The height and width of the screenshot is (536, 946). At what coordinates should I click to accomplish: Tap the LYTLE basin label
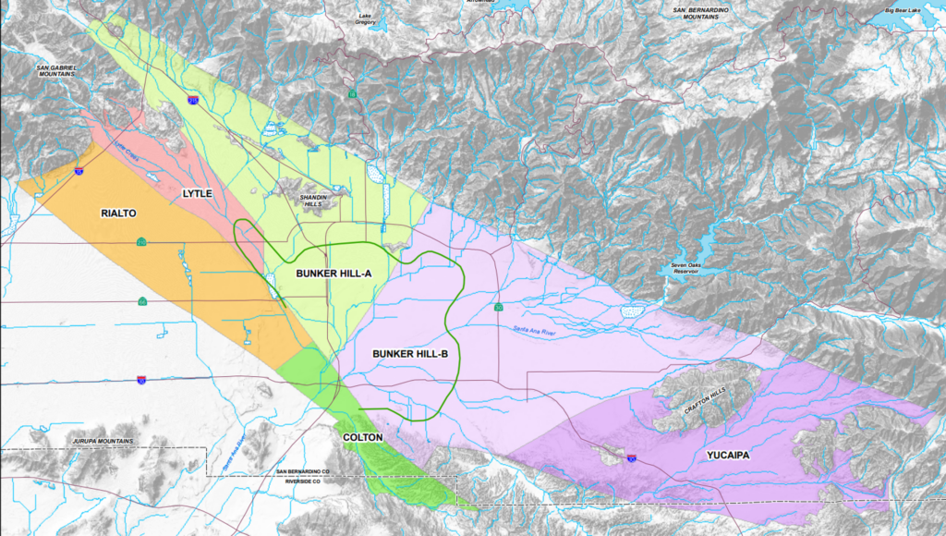tap(197, 193)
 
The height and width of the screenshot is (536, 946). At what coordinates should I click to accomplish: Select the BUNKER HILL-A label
tap(334, 274)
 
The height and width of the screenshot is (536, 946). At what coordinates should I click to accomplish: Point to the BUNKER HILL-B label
tap(410, 354)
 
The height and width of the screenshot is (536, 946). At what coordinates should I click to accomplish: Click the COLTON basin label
tap(363, 437)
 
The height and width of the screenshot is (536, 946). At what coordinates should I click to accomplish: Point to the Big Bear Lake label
tap(903, 10)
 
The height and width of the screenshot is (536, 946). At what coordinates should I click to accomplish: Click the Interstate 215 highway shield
tap(193, 97)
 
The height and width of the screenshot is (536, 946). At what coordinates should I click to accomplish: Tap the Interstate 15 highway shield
tap(79, 171)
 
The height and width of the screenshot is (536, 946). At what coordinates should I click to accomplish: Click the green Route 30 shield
tap(498, 307)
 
